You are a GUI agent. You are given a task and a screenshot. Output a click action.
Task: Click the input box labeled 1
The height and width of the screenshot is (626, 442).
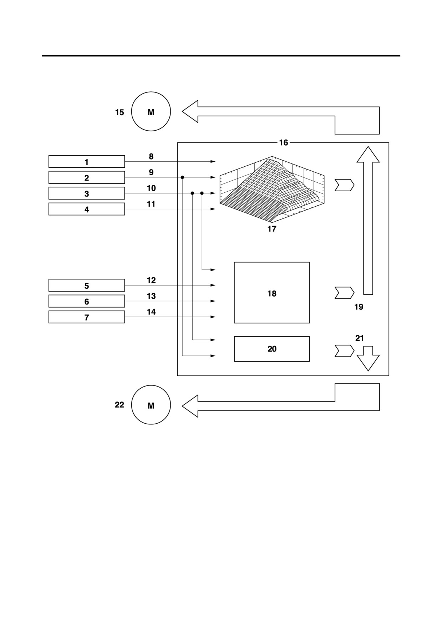click(x=87, y=162)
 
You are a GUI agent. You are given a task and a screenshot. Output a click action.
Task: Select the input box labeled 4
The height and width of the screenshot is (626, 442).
click(x=87, y=209)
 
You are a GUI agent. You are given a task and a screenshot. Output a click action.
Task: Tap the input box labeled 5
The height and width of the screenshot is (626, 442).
click(x=87, y=286)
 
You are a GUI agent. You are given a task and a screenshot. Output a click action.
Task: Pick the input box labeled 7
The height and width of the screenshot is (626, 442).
click(x=87, y=317)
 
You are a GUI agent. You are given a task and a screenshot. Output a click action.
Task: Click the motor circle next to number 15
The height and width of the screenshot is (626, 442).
click(x=151, y=111)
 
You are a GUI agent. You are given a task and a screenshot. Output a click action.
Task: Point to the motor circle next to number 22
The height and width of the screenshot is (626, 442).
click(x=151, y=405)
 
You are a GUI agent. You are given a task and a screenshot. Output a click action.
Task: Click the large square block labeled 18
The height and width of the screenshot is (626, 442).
click(x=272, y=293)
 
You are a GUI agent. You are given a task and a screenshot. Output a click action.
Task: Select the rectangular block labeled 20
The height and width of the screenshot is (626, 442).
click(x=272, y=349)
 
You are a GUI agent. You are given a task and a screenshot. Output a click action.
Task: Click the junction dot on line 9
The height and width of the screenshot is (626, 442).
click(x=182, y=177)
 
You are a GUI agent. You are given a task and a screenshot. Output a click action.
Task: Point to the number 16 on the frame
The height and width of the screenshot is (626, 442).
click(x=283, y=143)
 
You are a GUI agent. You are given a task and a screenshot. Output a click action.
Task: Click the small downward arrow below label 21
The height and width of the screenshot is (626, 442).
click(x=368, y=358)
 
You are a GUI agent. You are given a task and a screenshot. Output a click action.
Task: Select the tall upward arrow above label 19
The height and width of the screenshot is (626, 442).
click(x=368, y=221)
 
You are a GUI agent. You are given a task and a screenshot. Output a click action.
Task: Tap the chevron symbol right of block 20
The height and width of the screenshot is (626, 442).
click(x=344, y=351)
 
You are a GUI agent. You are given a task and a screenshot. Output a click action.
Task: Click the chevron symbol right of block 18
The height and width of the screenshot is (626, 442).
click(x=344, y=293)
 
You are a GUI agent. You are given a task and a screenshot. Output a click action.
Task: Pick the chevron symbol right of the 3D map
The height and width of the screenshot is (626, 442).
click(x=344, y=185)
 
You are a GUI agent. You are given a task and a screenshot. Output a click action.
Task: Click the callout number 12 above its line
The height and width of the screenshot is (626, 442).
click(x=151, y=280)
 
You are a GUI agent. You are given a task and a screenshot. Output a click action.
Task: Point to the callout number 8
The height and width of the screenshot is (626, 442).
click(x=151, y=156)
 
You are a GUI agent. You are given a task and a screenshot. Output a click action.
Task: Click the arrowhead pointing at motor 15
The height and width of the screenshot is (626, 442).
click(x=190, y=111)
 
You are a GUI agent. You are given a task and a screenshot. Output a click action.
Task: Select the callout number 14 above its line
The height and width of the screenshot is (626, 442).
click(x=151, y=312)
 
